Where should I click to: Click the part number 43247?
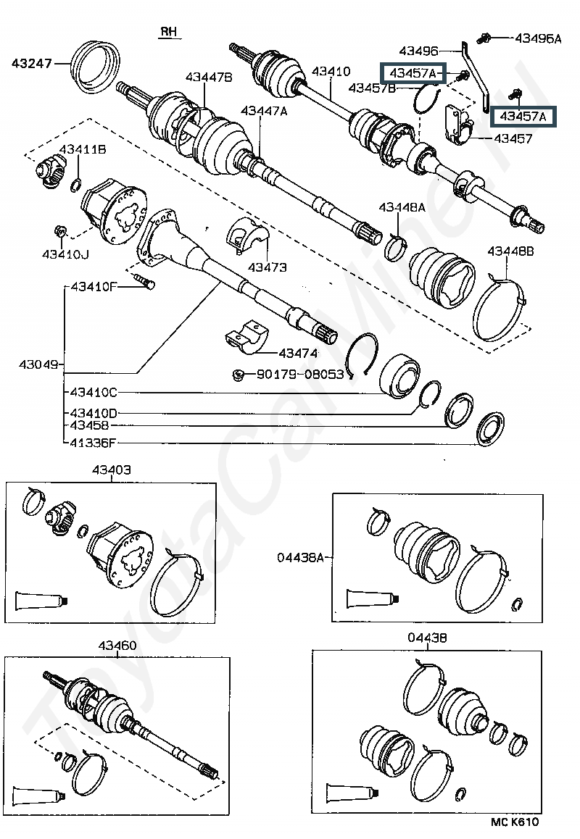32,63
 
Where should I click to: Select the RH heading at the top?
169,32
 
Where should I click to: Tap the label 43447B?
209,77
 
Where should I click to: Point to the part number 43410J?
65,254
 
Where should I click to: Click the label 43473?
268,267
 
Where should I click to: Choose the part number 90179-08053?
300,374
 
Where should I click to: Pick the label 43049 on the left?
38,364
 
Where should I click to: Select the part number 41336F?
94,443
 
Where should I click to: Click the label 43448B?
510,251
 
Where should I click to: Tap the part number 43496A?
538,38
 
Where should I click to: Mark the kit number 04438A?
300,558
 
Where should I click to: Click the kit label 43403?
112,469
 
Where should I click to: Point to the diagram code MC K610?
515,822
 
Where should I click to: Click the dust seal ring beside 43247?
96,67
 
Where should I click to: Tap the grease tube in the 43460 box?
38,796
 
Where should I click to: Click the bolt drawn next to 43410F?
144,280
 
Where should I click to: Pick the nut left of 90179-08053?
239,375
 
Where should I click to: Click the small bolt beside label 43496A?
484,38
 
